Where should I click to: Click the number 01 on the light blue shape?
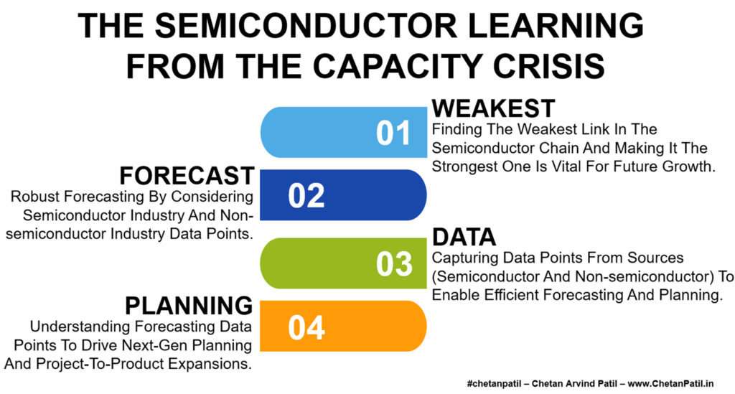[393, 133]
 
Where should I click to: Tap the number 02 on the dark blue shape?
[306, 196]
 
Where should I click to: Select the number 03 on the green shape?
[394, 264]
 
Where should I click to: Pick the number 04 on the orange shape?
[306, 327]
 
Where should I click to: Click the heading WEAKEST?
[493, 108]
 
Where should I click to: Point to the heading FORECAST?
[187, 176]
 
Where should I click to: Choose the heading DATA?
[464, 237]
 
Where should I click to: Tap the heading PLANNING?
[189, 306]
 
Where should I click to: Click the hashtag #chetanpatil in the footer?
[494, 384]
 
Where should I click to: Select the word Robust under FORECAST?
[36, 197]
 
